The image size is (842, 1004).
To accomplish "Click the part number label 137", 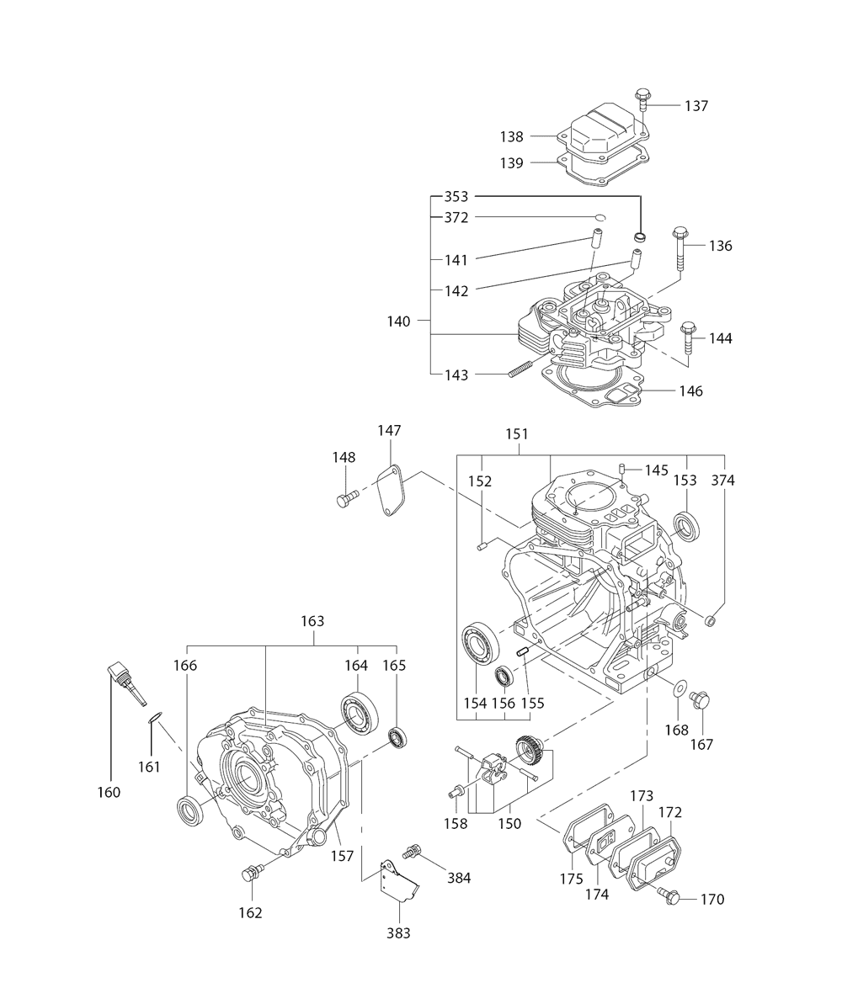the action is click(x=695, y=106).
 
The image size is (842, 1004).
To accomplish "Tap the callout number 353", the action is click(x=456, y=197).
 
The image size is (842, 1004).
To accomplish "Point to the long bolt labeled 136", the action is click(x=679, y=249).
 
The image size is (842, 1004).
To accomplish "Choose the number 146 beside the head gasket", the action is click(x=690, y=390).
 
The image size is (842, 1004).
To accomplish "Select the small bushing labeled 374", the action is click(x=710, y=620).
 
